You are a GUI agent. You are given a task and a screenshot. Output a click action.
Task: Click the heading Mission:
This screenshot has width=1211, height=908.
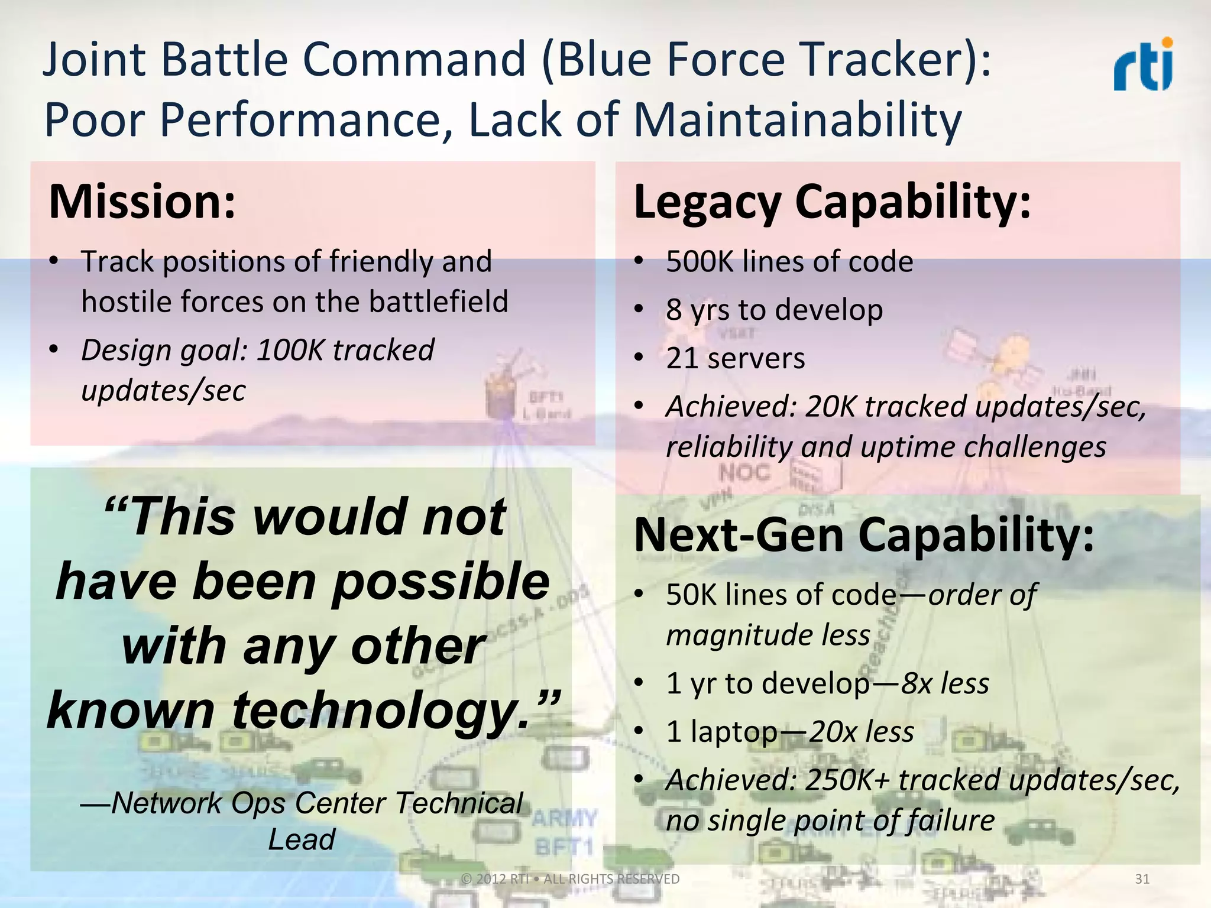[142, 202]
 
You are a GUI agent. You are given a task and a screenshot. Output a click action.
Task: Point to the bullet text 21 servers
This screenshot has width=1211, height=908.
[735, 358]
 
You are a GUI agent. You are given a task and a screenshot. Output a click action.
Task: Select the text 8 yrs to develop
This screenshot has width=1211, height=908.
[774, 310]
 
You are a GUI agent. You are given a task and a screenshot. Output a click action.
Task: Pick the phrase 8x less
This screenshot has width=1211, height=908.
[945, 684]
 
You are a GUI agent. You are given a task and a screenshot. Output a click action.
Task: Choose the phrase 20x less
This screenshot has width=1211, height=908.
[861, 732]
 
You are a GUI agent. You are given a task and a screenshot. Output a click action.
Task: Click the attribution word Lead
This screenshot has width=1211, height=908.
[302, 840]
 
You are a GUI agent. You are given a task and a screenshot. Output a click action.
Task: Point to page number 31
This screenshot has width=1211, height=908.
[1142, 879]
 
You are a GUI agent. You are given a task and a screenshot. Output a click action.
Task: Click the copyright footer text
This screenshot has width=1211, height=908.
[570, 879]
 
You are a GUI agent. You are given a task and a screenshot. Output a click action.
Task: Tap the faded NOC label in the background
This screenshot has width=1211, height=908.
[744, 473]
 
